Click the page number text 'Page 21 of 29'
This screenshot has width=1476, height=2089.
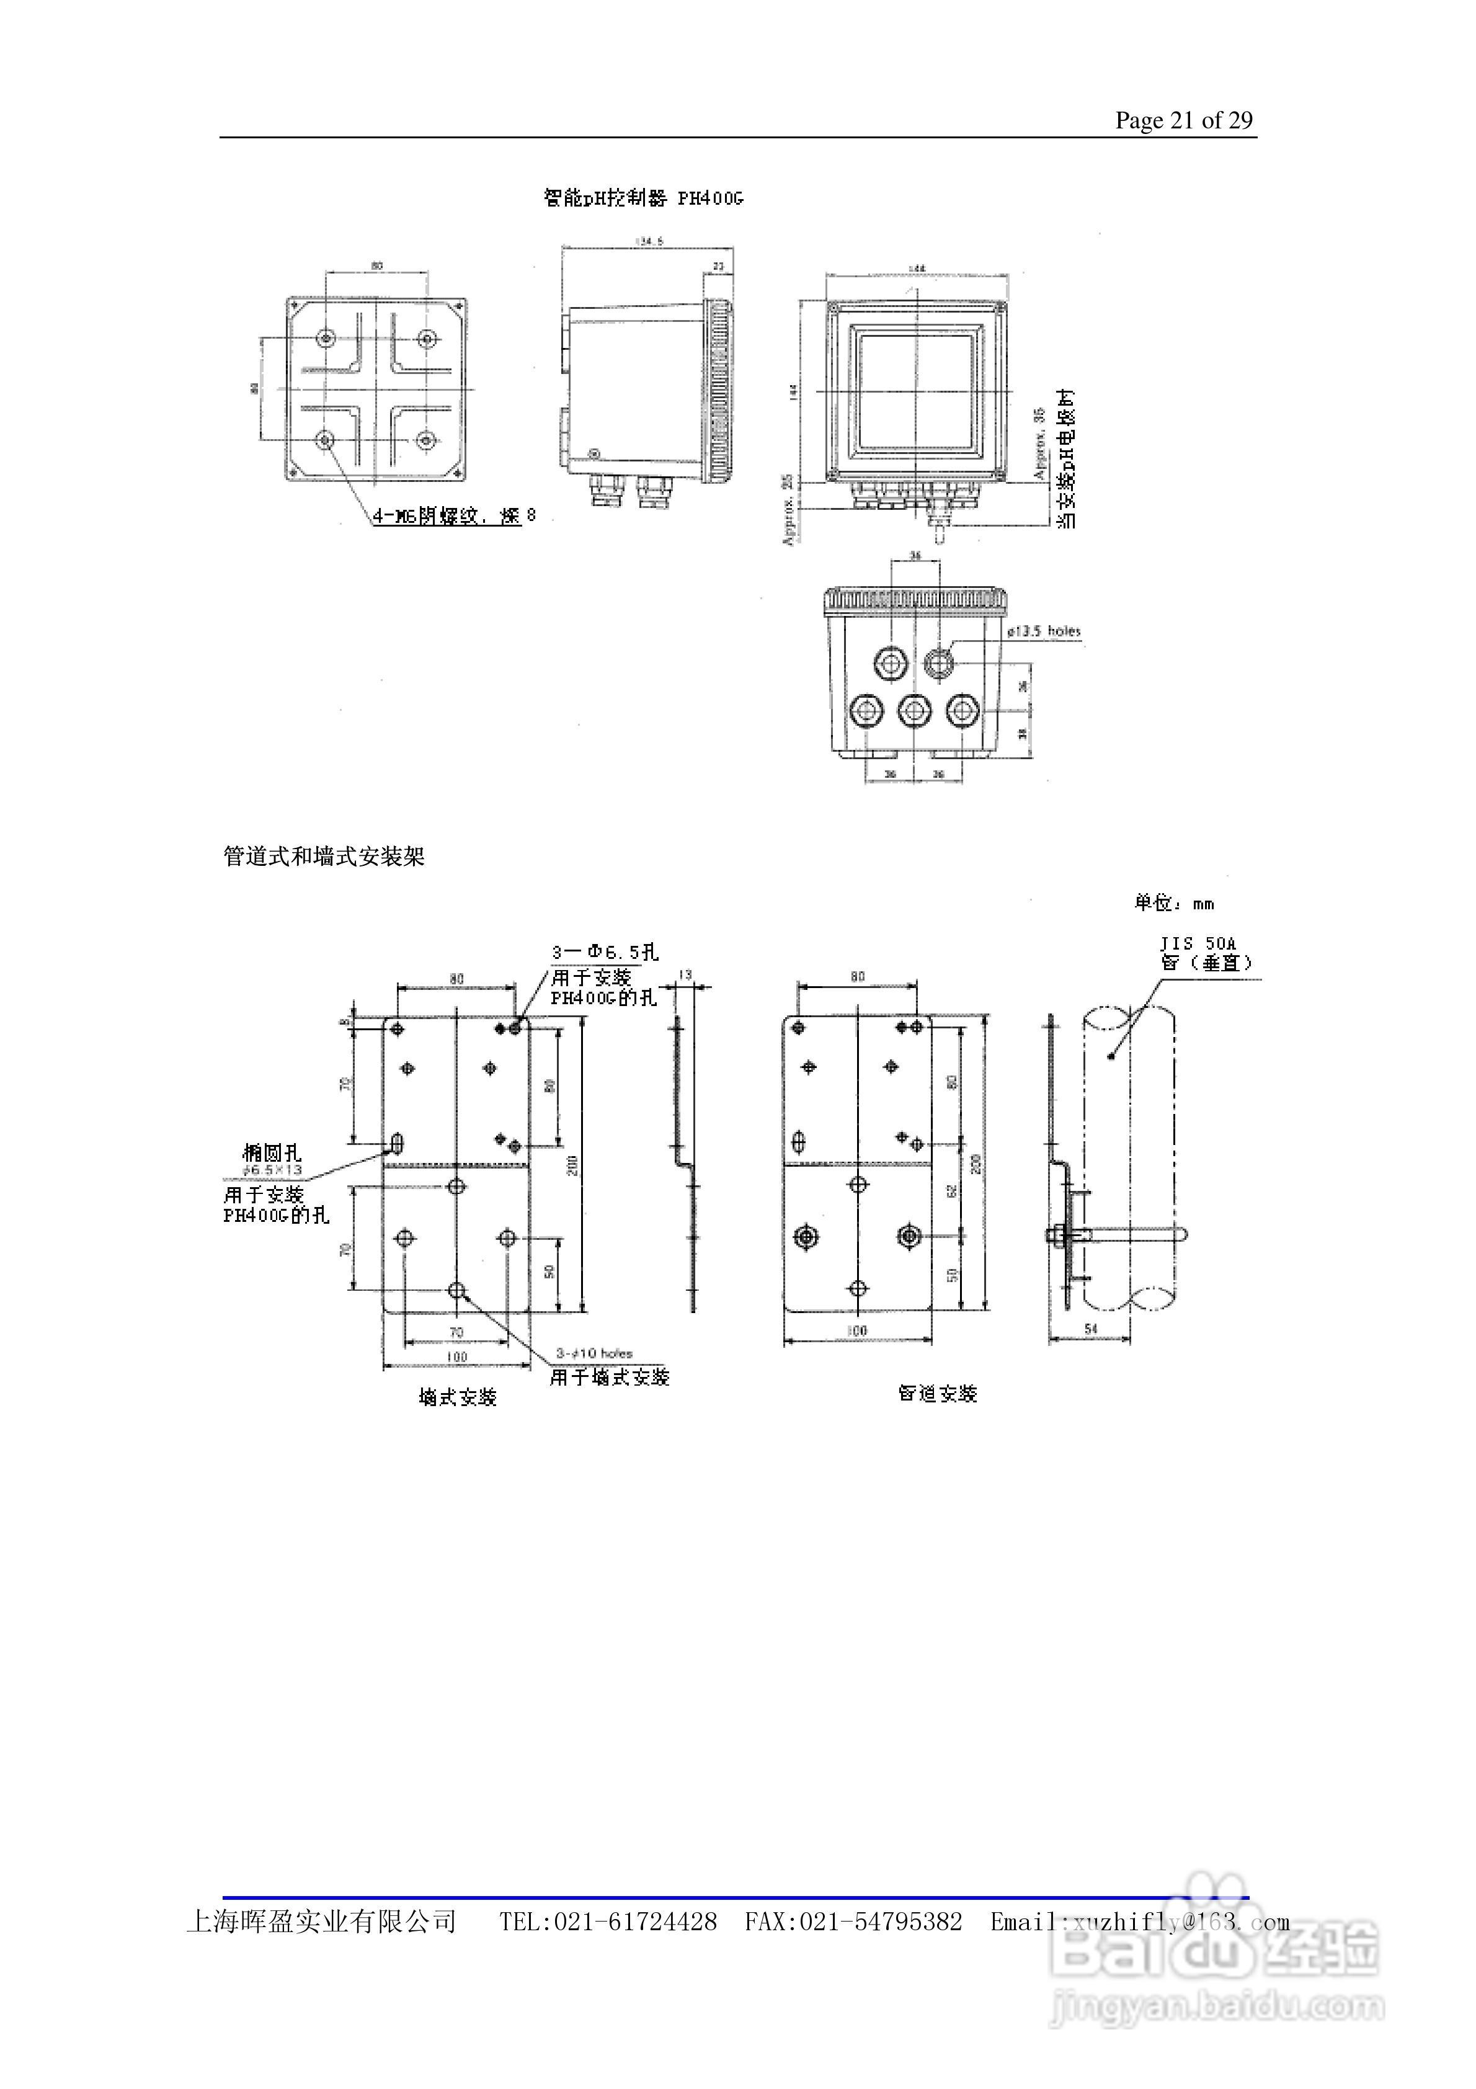[1183, 120]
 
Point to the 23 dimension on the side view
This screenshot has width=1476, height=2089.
[718, 267]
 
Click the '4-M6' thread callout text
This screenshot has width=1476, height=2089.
[394, 516]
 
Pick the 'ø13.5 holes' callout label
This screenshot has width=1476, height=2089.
[1044, 631]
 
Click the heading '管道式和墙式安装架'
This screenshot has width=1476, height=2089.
[324, 856]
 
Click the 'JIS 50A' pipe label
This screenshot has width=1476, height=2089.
[1198, 943]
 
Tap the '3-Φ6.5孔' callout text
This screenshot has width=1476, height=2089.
[604, 953]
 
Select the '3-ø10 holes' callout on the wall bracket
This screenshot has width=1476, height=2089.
[594, 1353]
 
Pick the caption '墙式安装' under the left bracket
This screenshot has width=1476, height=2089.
[458, 1397]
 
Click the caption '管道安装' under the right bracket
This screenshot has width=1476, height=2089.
[937, 1393]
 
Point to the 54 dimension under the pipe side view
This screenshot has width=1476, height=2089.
[1090, 1329]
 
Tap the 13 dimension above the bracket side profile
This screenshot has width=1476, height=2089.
[685, 974]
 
